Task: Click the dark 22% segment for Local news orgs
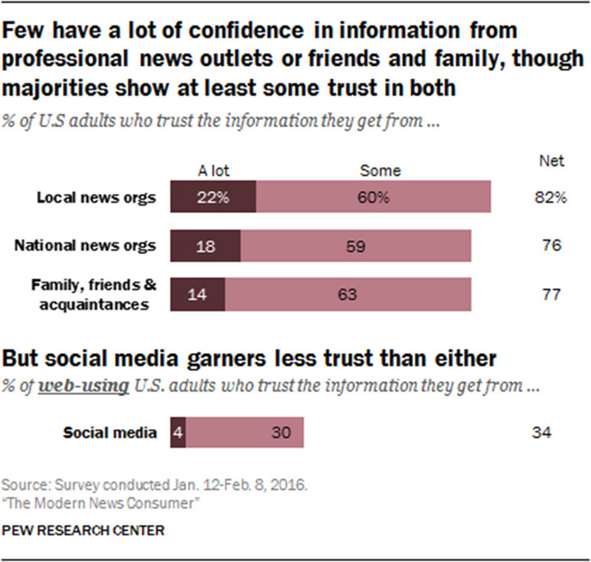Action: point(213,198)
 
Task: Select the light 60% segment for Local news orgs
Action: point(373,198)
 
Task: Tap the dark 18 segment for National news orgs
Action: point(205,246)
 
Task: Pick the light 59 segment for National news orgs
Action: point(356,246)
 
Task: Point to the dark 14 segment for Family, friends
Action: point(198,294)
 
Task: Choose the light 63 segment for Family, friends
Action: point(349,294)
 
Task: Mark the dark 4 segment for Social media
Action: point(177,431)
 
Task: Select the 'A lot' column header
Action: point(213,171)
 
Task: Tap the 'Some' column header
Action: point(381,171)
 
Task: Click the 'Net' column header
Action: point(552,161)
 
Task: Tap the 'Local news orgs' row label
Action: point(95,198)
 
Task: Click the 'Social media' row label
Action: point(111,431)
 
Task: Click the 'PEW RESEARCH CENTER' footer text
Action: point(83,531)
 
